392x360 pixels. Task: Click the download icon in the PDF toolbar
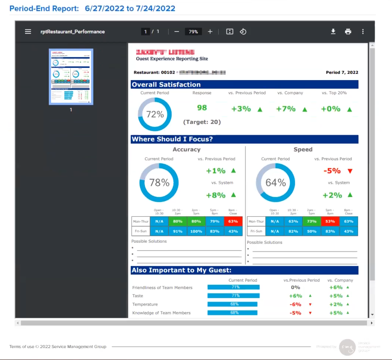click(333, 32)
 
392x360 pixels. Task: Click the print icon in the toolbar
click(348, 32)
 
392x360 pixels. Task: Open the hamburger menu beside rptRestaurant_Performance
click(28, 32)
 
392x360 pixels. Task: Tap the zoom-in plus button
click(210, 32)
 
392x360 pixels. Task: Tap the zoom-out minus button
click(177, 32)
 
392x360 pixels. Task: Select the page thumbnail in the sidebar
click(71, 77)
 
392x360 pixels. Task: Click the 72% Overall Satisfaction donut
click(155, 114)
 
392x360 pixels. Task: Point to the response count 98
click(202, 108)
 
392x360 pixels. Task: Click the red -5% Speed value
click(332, 171)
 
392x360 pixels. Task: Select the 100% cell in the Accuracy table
click(196, 231)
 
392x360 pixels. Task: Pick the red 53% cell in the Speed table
click(330, 221)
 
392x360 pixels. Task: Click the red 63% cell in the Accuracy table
click(233, 221)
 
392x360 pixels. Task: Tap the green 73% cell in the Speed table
click(312, 221)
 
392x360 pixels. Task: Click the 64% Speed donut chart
click(276, 183)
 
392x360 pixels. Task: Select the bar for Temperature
click(232, 304)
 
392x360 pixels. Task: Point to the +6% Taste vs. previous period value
click(295, 296)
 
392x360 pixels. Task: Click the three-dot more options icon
click(363, 32)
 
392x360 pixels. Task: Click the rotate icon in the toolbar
click(243, 32)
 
